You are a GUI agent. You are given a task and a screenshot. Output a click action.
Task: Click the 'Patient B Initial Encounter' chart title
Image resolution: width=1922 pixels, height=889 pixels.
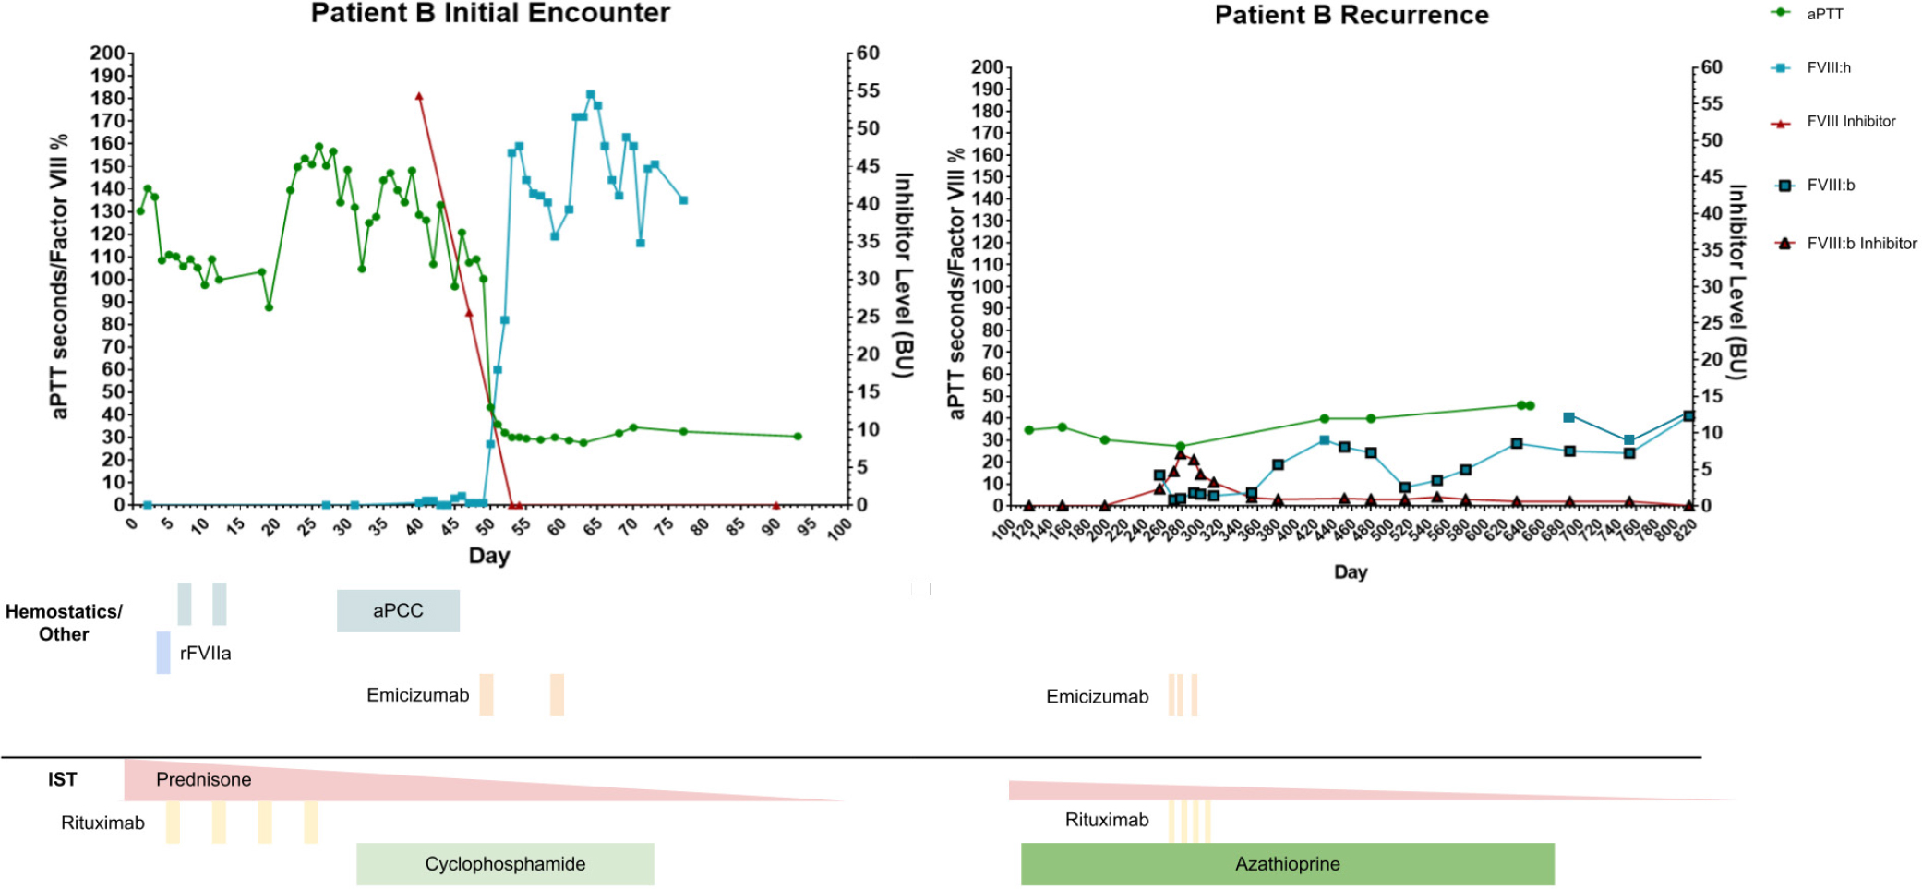490,14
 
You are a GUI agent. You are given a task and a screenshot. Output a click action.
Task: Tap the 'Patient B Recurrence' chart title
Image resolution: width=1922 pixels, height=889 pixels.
1351,16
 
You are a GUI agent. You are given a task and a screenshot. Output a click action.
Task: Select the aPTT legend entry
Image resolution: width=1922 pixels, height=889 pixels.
1823,14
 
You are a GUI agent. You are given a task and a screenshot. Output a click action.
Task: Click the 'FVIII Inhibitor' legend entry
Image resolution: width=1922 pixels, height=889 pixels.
1850,122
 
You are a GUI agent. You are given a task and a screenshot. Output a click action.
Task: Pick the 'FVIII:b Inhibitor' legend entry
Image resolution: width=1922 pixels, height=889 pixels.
1860,244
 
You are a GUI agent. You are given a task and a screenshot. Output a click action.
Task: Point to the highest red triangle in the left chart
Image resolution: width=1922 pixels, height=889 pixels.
419,97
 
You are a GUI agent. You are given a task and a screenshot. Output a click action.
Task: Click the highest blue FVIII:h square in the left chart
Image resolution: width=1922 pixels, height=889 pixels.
591,95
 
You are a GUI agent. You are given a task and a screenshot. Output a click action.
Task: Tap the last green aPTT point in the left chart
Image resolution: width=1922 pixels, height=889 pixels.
798,437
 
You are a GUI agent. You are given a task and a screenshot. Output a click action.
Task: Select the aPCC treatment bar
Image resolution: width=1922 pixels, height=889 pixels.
398,611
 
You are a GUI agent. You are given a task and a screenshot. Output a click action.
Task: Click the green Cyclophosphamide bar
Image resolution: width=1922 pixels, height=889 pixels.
505,864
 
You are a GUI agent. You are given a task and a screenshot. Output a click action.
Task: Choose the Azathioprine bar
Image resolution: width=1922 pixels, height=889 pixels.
1287,864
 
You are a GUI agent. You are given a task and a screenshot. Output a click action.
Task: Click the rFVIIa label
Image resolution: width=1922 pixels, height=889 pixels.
205,654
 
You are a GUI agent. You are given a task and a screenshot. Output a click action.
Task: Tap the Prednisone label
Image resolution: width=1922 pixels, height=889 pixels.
203,780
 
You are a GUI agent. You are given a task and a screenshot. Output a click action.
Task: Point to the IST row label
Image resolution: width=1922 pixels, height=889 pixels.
63,780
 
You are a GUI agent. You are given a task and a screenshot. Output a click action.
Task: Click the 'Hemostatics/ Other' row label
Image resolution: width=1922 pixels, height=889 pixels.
64,623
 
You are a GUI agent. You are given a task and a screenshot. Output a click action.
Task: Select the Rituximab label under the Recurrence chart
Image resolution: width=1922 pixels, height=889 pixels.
1106,821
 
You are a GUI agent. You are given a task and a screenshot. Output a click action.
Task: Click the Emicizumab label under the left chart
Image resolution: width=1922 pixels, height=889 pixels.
417,696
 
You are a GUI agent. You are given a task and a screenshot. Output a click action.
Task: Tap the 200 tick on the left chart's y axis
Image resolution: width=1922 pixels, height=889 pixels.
107,54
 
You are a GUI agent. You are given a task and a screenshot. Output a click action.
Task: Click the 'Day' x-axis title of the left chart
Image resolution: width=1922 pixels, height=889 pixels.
488,556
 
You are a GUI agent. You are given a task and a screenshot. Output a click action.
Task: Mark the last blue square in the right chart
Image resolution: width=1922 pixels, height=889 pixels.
1688,416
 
